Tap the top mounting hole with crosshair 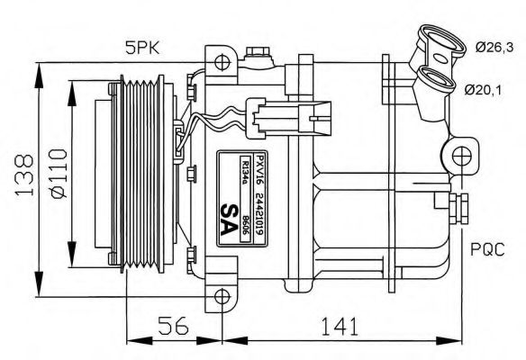(x=222, y=62)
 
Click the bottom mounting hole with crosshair (x=222, y=294)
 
